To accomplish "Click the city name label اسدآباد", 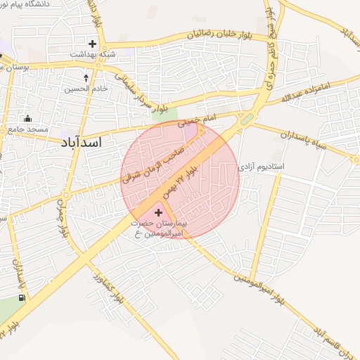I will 77,142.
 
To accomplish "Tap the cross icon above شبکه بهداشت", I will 92,43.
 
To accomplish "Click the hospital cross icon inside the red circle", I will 157,212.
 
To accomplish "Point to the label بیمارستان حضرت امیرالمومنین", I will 158,227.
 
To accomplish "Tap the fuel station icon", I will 23,297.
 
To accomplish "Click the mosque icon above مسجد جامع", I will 27,118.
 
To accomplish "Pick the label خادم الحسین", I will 85,89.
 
